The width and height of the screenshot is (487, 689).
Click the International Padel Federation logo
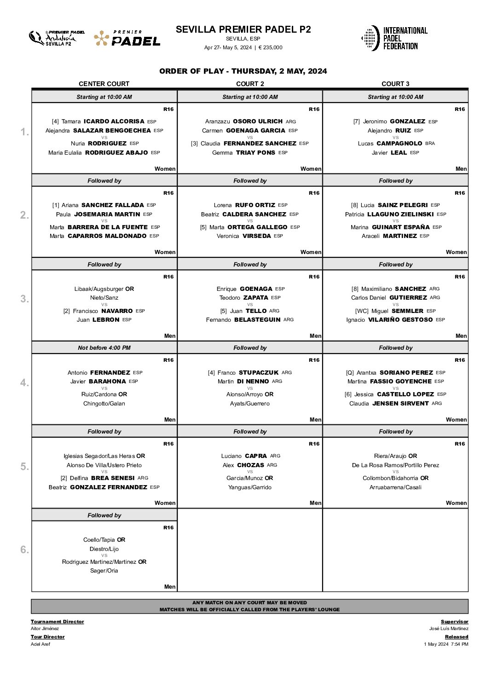(394, 38)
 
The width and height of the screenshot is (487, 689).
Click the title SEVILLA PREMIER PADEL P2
(243, 29)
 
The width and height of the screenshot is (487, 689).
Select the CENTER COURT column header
(104, 84)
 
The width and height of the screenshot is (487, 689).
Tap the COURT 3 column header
(395, 84)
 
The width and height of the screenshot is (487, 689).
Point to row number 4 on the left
(24, 382)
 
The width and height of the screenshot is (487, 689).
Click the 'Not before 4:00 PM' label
(104, 348)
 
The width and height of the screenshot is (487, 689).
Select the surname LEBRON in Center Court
(106, 320)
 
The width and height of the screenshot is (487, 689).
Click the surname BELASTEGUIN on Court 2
(257, 320)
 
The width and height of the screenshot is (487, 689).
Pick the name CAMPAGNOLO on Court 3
(399, 144)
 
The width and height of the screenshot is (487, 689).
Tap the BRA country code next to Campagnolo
(430, 144)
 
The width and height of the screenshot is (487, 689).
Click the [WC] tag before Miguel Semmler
(362, 311)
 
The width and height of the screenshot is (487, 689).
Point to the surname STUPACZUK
(259, 373)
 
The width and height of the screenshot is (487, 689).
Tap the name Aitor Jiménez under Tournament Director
(45, 629)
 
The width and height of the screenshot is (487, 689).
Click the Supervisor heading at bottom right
(454, 622)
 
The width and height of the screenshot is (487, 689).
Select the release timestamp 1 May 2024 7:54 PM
(446, 644)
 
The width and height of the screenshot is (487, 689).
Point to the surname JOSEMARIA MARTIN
(107, 214)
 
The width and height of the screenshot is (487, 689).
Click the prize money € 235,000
(271, 47)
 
